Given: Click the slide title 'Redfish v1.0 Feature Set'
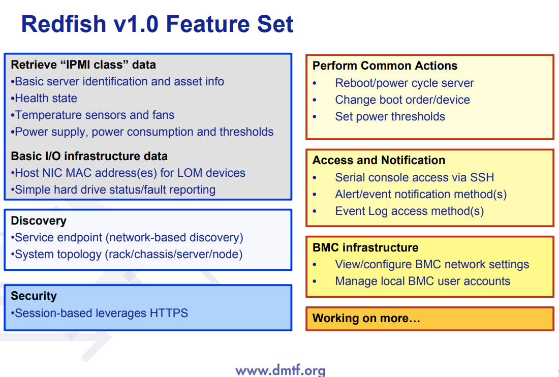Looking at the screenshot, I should tap(157, 24).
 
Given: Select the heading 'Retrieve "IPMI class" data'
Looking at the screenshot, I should tap(83, 65).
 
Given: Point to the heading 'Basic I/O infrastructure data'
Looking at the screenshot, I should tap(89, 156).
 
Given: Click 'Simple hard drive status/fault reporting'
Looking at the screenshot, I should tap(114, 190).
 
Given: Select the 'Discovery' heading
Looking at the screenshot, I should tap(39, 221).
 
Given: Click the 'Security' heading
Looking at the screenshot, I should tap(34, 296).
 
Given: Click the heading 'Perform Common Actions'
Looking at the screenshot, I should tap(385, 66).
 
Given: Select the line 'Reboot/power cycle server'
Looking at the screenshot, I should tap(404, 83).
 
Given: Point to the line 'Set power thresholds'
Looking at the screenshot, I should tap(390, 117).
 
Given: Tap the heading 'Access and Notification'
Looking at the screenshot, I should tap(379, 161).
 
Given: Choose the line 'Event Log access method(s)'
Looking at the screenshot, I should tap(409, 211).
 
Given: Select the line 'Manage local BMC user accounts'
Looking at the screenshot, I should tap(422, 281).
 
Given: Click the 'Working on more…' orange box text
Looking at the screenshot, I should tap(366, 319).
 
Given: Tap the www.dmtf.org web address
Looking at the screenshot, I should tap(280, 370).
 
